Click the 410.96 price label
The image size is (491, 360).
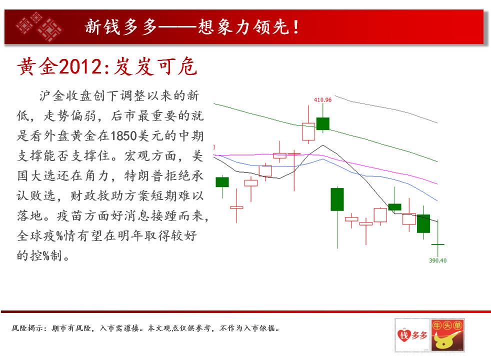[x=322, y=100]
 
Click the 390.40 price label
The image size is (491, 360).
[x=437, y=260]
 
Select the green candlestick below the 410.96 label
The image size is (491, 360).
[x=323, y=123]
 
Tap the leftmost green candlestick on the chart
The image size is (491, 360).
[x=222, y=182]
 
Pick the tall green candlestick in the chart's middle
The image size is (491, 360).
[x=337, y=199]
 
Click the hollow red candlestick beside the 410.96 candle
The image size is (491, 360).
[x=308, y=131]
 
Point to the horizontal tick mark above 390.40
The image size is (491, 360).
[x=438, y=244]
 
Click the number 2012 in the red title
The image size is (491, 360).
[x=80, y=66]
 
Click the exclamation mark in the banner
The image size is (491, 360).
[x=295, y=27]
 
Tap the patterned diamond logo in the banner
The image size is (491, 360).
[x=39, y=27]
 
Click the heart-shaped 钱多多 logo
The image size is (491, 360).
[x=412, y=335]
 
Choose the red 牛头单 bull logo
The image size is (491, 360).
[x=447, y=335]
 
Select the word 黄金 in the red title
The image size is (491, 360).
[x=38, y=66]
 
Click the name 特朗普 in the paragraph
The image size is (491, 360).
[x=144, y=176]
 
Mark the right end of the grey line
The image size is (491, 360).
[x=437, y=123]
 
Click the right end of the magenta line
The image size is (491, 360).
[x=437, y=184]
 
